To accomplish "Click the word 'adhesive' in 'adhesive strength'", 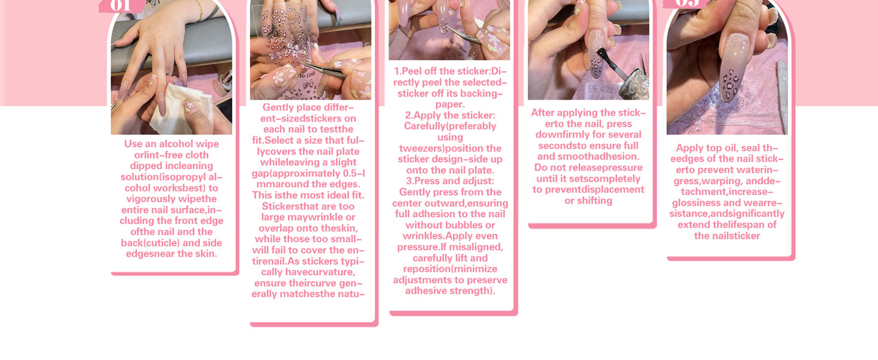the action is click(x=426, y=291).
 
